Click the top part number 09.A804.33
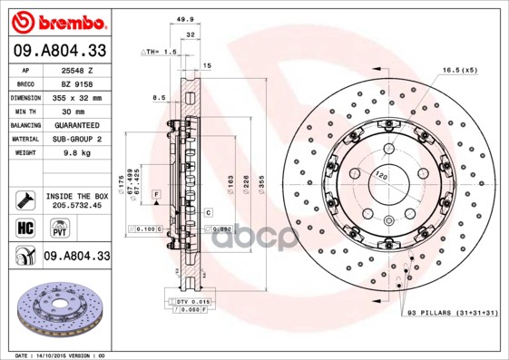[x=57, y=51]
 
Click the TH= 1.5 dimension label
[x=160, y=53]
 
